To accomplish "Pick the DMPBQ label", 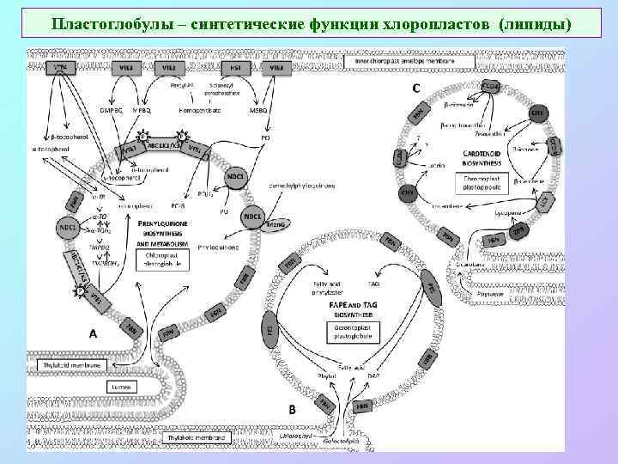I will coord(112,109).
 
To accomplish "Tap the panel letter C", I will coord(416,89).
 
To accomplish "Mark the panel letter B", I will coord(292,410).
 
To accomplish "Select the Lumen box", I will coord(118,387).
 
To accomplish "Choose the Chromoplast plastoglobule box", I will coord(482,182).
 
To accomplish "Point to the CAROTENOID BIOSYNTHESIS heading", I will coord(482,159).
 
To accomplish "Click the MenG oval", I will coord(277,223).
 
